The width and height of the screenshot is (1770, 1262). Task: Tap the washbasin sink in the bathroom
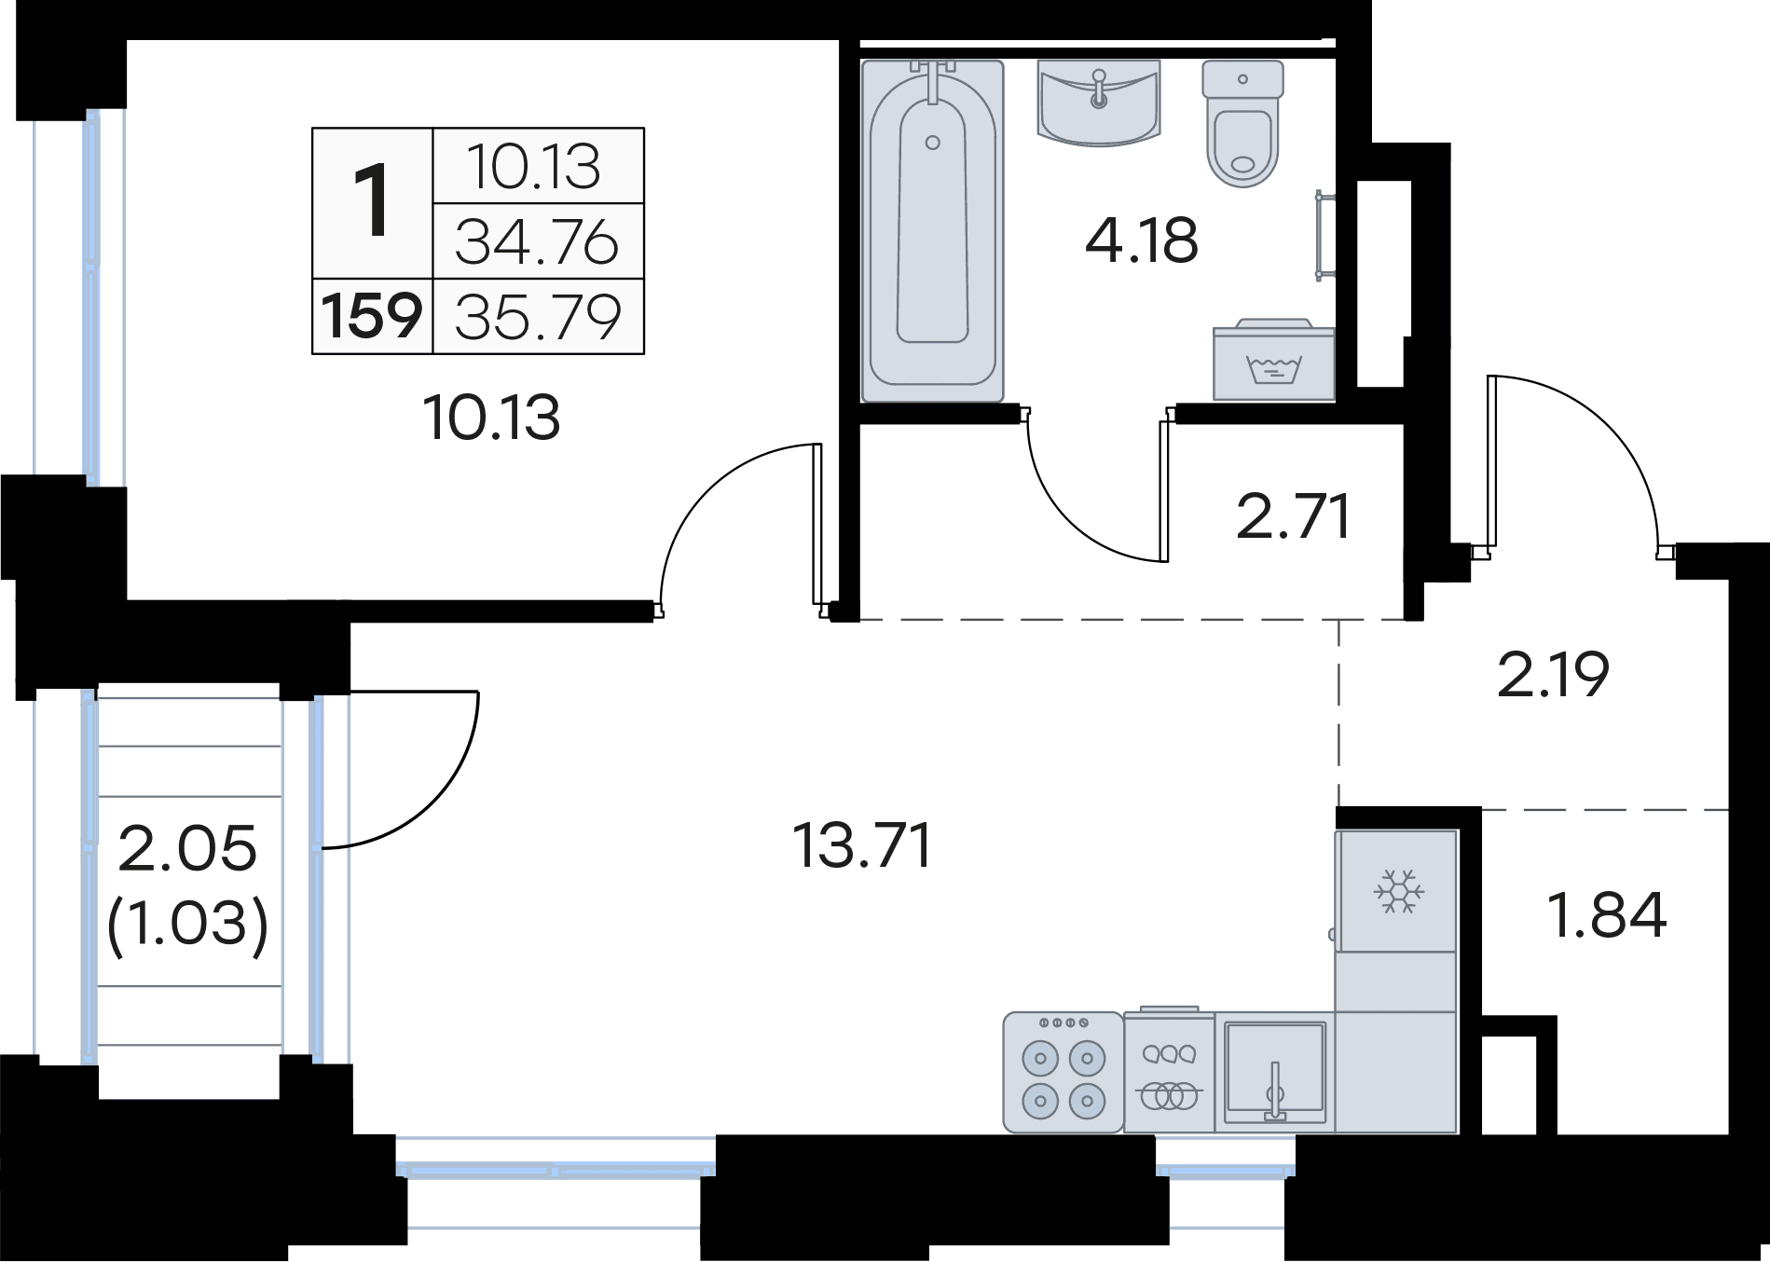point(1098,103)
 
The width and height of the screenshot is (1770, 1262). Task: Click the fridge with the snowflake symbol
point(1396,891)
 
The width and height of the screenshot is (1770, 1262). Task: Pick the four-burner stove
point(1063,1072)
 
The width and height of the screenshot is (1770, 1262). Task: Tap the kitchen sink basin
point(1274,1072)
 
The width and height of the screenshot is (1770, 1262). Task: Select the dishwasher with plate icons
point(1169,1072)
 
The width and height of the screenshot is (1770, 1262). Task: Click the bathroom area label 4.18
point(1142,240)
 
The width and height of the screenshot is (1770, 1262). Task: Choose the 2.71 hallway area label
point(1293,517)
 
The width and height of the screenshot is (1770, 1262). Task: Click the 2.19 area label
point(1553,675)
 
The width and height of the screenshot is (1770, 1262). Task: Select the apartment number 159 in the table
point(372,316)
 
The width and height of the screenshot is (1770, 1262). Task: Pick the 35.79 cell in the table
point(538,317)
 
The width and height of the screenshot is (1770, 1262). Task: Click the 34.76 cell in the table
point(538,241)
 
